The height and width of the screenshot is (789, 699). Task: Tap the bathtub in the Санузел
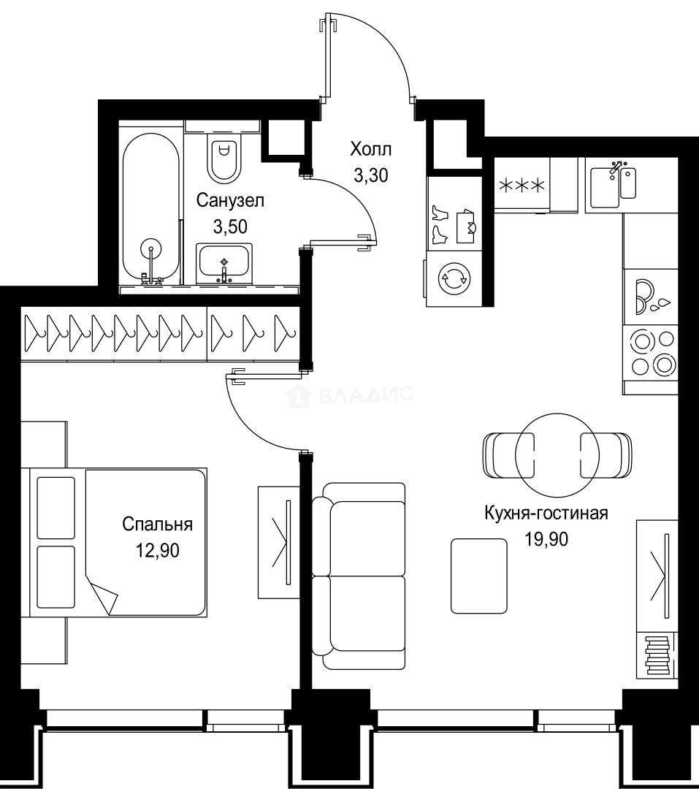tap(150, 208)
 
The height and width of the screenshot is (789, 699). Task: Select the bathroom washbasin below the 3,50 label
tap(224, 264)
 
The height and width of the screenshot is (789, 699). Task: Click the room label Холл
tap(370, 150)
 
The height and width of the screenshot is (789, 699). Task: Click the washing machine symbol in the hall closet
tap(454, 278)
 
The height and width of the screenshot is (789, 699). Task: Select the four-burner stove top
tap(652, 352)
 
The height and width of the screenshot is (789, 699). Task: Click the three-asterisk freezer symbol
tap(522, 186)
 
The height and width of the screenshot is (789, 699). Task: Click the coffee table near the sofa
tap(478, 575)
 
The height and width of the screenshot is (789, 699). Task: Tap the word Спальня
tap(157, 524)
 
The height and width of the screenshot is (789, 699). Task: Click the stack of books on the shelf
tap(657, 655)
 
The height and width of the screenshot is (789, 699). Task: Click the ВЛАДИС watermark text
tap(365, 397)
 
